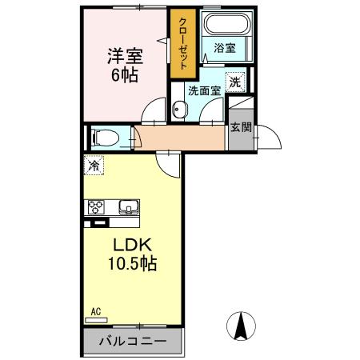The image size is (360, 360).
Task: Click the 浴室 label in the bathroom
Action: click(x=225, y=49)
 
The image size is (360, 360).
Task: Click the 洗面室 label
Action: click(x=202, y=91)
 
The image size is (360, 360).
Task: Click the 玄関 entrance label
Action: click(x=239, y=126)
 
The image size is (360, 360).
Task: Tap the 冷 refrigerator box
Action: click(x=94, y=166)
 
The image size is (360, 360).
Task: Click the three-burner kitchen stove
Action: click(x=97, y=207)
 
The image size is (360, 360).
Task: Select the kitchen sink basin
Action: click(x=129, y=208)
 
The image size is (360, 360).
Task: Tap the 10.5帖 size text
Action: click(x=127, y=262)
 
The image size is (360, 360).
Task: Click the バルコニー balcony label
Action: click(x=133, y=342)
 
